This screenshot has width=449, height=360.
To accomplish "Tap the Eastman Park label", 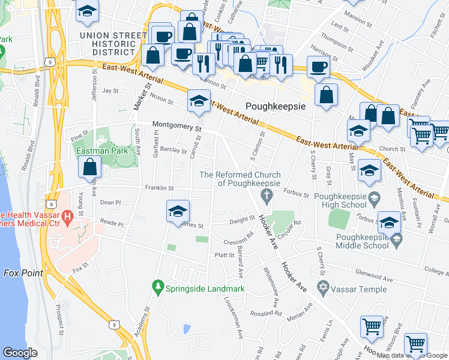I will click(x=102, y=151).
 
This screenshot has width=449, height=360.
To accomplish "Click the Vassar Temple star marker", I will click(x=323, y=289).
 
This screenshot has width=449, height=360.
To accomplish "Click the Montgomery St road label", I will click(x=176, y=127).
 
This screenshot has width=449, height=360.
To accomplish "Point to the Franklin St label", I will click(x=158, y=188).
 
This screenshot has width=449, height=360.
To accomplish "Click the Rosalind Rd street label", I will click(x=266, y=313).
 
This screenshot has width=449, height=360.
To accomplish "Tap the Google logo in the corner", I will click(x=20, y=353).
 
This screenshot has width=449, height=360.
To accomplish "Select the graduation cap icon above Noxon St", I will click(x=197, y=101).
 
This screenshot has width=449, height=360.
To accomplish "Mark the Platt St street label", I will click(x=224, y=255).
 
